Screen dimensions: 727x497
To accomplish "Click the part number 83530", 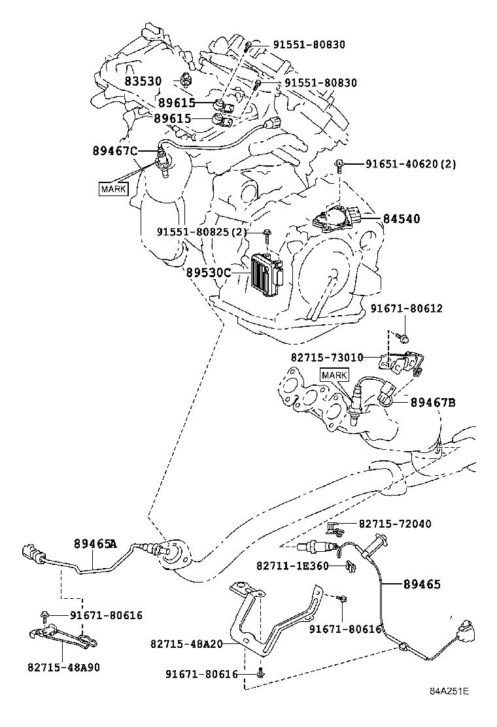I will (x=143, y=81).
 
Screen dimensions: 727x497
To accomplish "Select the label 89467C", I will (x=114, y=151).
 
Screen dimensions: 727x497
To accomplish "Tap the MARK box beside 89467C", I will (x=113, y=189).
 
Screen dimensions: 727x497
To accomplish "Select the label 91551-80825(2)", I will (x=202, y=232).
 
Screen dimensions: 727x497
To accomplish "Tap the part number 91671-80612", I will (x=406, y=308).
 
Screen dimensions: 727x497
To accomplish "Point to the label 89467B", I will (x=432, y=401).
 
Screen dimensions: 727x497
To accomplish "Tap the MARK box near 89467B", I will (x=334, y=375).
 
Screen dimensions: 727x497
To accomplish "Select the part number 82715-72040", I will (x=394, y=524).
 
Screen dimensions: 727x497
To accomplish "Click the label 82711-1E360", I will (x=292, y=566).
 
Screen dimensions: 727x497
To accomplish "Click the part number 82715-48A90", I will (x=64, y=668).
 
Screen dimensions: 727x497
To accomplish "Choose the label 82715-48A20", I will (x=186, y=643).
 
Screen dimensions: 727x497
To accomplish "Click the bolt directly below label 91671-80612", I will (x=404, y=339).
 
